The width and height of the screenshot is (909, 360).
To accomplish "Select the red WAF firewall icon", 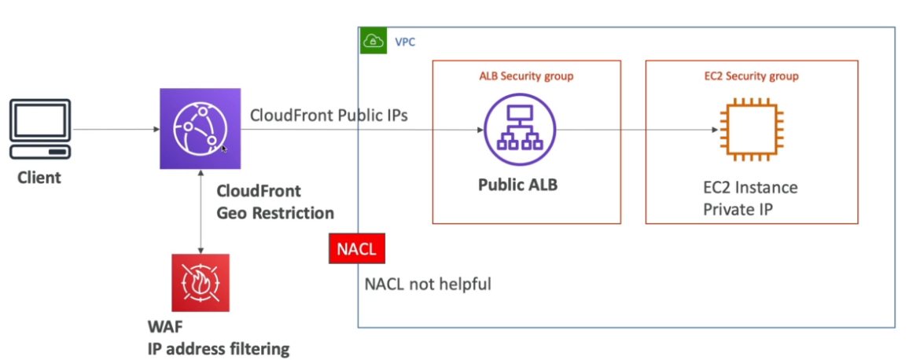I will point(201,283).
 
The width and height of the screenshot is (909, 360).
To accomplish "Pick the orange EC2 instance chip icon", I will point(744,131).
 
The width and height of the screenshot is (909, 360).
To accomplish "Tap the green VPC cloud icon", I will point(372,42).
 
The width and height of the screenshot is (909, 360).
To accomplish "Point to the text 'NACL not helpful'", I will point(428,284).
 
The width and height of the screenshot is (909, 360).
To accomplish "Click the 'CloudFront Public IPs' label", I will point(329,116).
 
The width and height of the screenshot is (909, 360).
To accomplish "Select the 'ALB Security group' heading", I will point(526,76).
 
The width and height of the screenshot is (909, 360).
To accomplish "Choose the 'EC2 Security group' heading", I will point(750,76).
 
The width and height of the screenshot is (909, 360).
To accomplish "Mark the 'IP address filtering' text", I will point(219,348).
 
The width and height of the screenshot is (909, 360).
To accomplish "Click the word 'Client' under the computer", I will point(39,178).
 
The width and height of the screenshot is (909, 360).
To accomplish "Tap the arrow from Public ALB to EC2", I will point(629,131).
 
